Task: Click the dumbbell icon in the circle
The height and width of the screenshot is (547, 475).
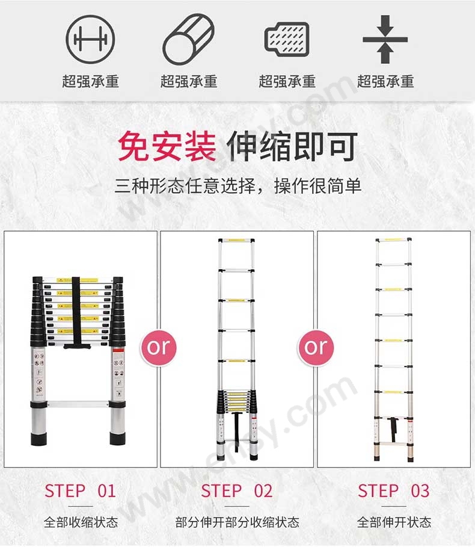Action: [90, 39]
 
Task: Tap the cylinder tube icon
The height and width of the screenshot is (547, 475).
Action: [189, 39]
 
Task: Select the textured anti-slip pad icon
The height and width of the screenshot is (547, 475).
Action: [287, 39]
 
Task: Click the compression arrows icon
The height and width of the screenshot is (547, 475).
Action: [385, 39]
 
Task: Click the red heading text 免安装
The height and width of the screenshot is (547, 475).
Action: [167, 146]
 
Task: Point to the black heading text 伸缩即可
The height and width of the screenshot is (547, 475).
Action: [292, 146]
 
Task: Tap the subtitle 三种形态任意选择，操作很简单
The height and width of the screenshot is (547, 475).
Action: [238, 185]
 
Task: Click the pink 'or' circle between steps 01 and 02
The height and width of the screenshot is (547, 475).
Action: [159, 347]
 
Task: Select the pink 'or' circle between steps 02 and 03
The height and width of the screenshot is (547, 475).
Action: [316, 347]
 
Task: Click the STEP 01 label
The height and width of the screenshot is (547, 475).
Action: [80, 491]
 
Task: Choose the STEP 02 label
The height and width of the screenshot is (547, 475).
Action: [237, 491]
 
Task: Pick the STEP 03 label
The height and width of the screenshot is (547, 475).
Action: [394, 491]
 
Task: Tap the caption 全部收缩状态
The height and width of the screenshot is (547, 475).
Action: [81, 522]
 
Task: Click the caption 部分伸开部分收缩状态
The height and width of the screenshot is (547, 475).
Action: [237, 522]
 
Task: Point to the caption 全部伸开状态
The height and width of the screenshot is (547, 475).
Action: [394, 522]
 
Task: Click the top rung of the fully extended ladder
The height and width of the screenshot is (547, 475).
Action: [393, 240]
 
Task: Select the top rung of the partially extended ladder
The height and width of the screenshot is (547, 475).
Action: [236, 241]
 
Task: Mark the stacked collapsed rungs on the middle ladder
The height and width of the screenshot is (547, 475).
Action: [237, 401]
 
